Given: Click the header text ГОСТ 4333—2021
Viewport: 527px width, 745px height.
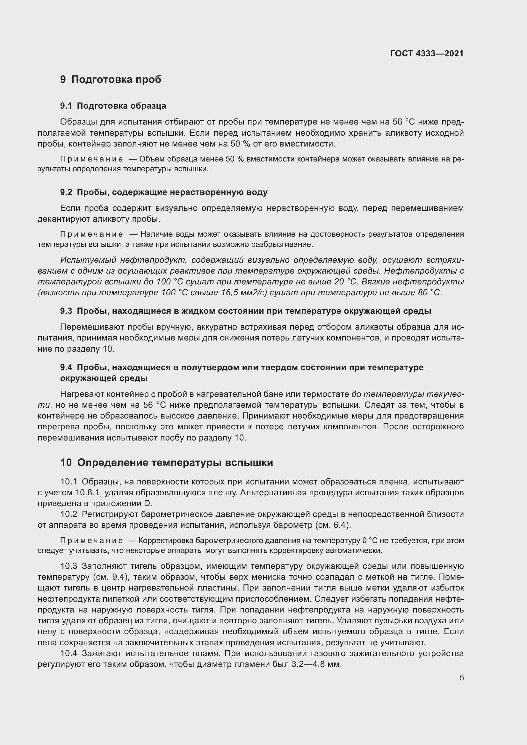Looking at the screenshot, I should coord(426,54).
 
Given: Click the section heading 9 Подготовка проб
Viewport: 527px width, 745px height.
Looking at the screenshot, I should coord(110,80).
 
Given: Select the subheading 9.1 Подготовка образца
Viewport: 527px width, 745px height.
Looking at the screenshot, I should coord(113,106).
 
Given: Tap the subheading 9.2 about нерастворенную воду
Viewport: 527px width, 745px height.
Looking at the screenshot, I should coord(163,192).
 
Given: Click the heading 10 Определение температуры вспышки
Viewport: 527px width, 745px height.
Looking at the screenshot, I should coord(166,462).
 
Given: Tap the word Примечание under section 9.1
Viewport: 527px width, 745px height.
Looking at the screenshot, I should coord(91,159).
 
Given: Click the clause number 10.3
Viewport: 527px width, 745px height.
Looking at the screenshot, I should coord(69,566).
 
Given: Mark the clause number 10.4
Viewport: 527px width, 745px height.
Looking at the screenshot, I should coord(69,653).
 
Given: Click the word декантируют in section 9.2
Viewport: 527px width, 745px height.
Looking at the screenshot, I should coord(63,219).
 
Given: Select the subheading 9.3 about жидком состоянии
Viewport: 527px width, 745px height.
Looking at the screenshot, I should coord(245,311).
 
